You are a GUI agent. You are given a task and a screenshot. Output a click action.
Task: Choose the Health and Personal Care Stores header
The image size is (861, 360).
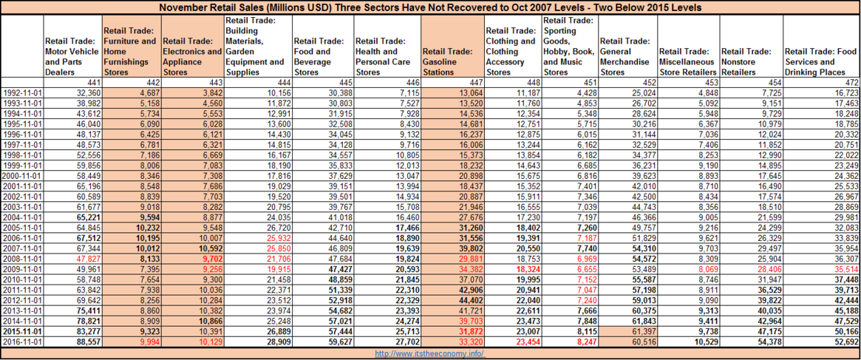tap(388, 57)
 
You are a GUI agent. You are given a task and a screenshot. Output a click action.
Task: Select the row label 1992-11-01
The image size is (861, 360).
tap(24, 92)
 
